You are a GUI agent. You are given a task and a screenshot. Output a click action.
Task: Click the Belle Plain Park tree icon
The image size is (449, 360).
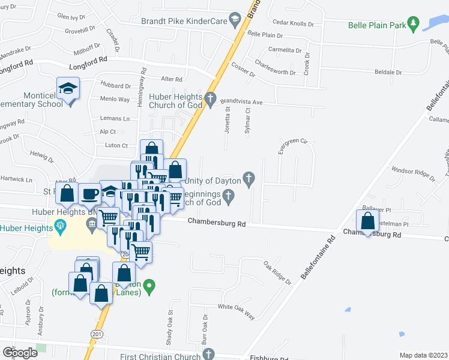413,23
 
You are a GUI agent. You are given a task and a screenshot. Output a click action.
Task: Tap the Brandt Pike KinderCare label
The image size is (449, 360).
183,22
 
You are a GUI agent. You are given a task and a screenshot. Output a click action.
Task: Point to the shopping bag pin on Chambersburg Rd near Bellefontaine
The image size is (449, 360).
367,221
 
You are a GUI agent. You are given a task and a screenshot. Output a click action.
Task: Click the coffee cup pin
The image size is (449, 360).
90,194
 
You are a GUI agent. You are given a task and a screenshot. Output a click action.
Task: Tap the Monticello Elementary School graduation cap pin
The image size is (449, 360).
68,89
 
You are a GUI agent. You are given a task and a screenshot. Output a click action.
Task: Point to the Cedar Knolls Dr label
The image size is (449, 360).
293,24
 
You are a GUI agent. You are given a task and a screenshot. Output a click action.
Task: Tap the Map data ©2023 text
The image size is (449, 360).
423,355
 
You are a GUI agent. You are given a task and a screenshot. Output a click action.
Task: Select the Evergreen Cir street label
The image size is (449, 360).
292,142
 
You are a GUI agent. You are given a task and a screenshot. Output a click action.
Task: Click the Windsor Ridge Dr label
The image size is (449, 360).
412,173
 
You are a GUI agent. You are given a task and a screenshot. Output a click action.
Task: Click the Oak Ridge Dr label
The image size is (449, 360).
277,272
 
